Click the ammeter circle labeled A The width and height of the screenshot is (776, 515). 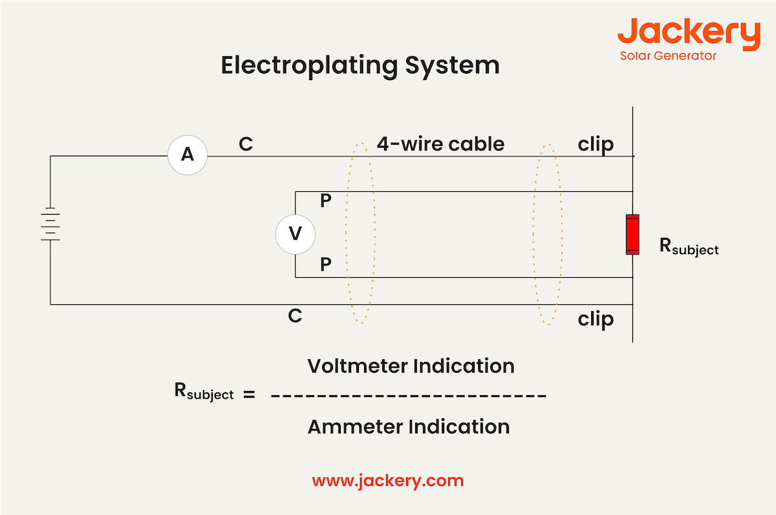click(x=187, y=155)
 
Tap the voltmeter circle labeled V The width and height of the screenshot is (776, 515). click(x=295, y=234)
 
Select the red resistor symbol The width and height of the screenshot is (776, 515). click(x=632, y=234)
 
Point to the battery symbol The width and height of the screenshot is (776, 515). click(x=50, y=224)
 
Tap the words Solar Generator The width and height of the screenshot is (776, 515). click(x=668, y=56)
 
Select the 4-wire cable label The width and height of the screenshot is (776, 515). click(x=440, y=143)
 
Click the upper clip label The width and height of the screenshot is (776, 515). click(x=596, y=144)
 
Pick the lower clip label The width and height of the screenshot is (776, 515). click(x=596, y=319)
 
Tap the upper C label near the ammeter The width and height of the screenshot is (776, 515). click(x=246, y=144)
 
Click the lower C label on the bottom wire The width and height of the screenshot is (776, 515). click(x=295, y=316)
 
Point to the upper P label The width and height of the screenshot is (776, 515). click(x=326, y=202)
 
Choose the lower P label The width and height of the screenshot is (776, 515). click(x=326, y=264)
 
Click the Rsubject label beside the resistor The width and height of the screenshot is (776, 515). click(x=689, y=247)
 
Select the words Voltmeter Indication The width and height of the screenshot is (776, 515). click(x=411, y=366)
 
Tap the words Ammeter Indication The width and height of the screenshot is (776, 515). click(x=408, y=426)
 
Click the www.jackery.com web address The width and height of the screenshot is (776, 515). click(x=387, y=481)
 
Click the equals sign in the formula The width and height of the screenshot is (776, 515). click(x=249, y=394)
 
